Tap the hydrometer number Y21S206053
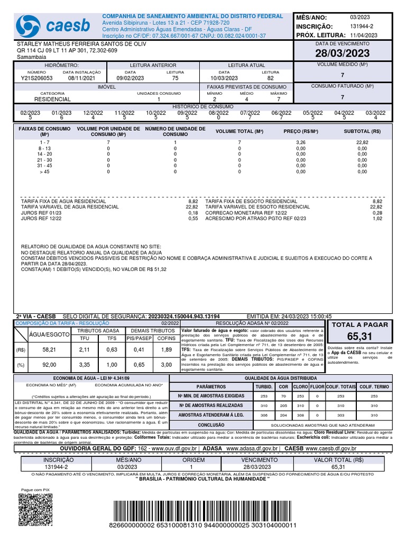[x=37, y=78]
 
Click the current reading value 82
[x=270, y=78]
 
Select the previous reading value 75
[x=176, y=78]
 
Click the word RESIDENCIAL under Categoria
[x=52, y=99]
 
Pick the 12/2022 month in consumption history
[x=93, y=113]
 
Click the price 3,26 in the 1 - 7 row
[x=300, y=142]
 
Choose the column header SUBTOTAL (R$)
[x=362, y=131]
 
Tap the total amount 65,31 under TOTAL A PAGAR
[x=359, y=337]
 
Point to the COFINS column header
[x=166, y=338]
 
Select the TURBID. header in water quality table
[x=264, y=387]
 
